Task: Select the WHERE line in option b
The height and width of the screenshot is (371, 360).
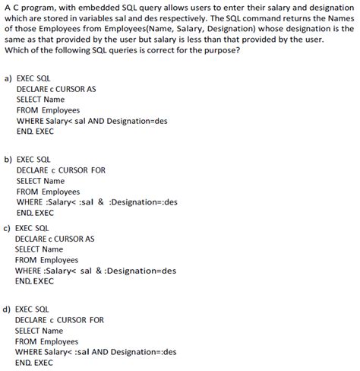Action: click(96, 202)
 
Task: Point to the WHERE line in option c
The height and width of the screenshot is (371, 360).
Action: click(95, 271)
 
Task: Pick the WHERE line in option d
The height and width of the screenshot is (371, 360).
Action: click(96, 352)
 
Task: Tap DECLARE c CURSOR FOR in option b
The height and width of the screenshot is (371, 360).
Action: click(61, 170)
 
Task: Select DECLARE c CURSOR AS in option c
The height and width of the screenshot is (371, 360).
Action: click(55, 238)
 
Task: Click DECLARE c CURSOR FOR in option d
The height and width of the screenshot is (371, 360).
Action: click(59, 320)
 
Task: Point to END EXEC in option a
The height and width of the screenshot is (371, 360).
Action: click(35, 132)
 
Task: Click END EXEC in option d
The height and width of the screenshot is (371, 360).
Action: click(35, 363)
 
